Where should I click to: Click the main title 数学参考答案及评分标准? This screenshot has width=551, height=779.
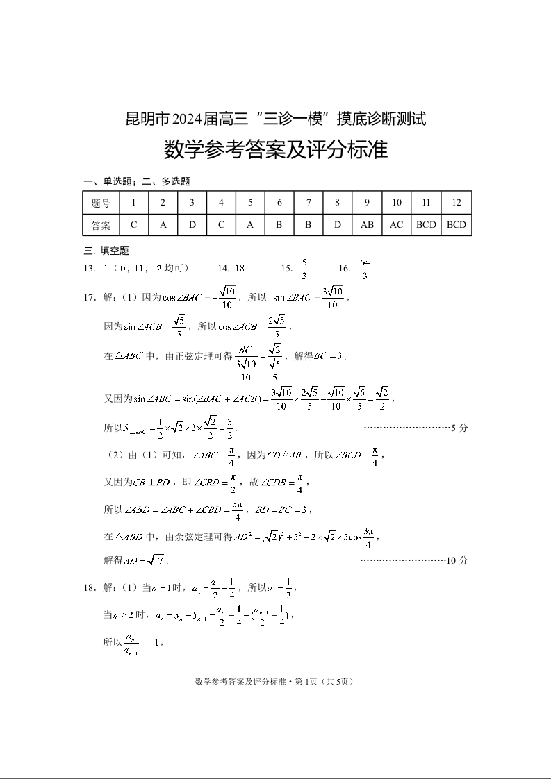(x=275, y=150)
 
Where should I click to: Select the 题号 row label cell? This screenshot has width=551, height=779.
(x=101, y=203)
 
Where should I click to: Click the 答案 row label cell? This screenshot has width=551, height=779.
(x=101, y=225)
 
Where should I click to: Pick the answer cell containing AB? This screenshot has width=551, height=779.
(x=367, y=225)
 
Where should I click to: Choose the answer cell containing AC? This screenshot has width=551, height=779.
(x=396, y=225)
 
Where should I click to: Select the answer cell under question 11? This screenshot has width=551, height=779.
(x=426, y=225)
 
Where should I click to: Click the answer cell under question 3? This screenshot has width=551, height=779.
(x=192, y=225)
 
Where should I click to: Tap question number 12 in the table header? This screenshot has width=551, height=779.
(x=457, y=203)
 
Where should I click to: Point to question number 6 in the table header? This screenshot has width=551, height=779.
(x=279, y=203)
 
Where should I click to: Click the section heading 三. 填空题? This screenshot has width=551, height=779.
(x=106, y=251)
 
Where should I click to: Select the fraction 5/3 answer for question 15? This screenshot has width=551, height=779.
(x=304, y=269)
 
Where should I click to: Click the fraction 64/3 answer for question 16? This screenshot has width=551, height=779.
(x=365, y=269)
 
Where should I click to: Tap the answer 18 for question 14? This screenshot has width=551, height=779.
(x=240, y=269)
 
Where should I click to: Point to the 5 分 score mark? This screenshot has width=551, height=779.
(x=459, y=428)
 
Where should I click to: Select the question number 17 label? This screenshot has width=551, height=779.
(x=89, y=298)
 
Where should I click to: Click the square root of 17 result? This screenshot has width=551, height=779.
(x=155, y=560)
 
